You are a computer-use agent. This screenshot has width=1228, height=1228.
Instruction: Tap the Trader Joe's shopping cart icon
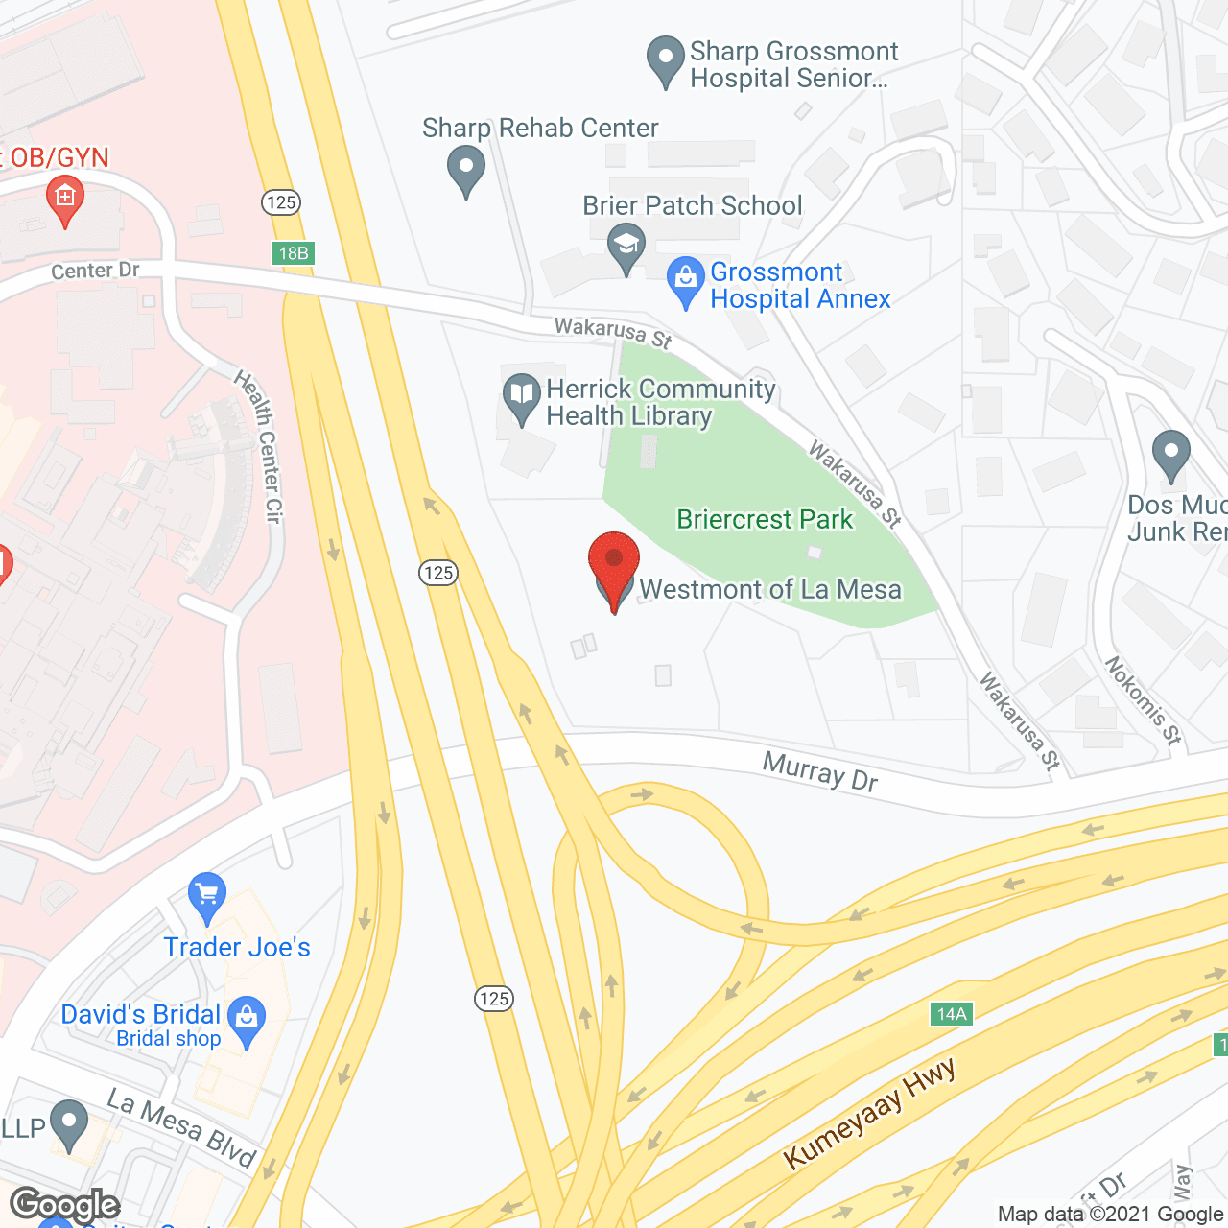tap(207, 895)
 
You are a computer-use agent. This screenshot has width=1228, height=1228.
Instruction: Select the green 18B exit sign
tap(293, 253)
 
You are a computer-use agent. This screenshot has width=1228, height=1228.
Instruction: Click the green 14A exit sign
tap(952, 1014)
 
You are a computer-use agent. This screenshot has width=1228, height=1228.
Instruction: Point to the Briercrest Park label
tap(765, 520)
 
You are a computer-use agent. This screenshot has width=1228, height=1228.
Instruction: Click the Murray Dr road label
tap(820, 772)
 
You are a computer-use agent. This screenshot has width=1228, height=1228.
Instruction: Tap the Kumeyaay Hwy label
tap(869, 1114)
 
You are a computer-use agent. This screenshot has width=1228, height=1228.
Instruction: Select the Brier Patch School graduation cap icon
tap(626, 245)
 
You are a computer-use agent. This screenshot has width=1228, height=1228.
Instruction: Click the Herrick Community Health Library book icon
tap(522, 395)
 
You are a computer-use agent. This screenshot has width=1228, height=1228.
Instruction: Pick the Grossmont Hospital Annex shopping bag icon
tap(685, 279)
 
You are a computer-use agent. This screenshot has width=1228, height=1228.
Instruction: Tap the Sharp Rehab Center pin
tap(466, 167)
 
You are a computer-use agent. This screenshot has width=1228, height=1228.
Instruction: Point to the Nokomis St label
tap(1143, 700)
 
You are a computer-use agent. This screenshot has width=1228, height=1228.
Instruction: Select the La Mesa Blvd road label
tap(181, 1128)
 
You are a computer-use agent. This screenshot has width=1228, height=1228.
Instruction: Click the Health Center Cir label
tap(259, 446)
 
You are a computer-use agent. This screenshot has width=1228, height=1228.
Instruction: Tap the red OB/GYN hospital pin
tap(65, 199)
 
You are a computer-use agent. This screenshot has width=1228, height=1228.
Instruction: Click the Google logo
tap(64, 1205)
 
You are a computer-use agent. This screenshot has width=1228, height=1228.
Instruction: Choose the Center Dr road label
tap(95, 272)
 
